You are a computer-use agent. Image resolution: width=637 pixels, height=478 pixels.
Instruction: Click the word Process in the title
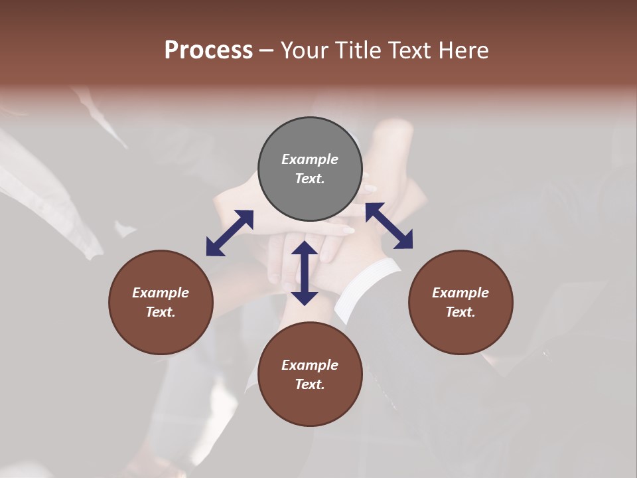click(x=208, y=50)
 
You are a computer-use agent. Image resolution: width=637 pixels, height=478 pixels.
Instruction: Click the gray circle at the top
click(x=310, y=169)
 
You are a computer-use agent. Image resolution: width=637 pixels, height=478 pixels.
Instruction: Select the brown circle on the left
click(x=161, y=302)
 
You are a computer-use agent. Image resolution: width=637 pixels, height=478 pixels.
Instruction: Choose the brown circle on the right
click(x=460, y=302)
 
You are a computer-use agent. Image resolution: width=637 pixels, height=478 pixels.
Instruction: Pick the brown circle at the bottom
click(x=310, y=374)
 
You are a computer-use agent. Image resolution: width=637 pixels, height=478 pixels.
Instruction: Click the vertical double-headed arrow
click(x=305, y=273)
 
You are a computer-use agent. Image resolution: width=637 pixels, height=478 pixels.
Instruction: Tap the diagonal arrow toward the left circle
click(x=230, y=233)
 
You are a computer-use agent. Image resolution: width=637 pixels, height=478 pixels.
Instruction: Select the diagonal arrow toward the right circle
click(x=389, y=226)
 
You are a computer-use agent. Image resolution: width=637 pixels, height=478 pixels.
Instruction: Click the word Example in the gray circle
click(x=310, y=159)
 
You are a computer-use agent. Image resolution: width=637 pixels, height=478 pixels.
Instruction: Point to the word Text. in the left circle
click(x=161, y=312)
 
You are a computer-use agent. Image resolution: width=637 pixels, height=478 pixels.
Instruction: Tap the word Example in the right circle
click(x=460, y=293)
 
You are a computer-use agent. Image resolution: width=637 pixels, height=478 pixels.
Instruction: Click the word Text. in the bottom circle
click(x=310, y=384)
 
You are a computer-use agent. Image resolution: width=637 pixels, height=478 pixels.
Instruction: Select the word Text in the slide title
click(x=411, y=50)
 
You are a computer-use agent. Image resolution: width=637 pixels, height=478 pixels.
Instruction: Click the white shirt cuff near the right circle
click(x=368, y=289)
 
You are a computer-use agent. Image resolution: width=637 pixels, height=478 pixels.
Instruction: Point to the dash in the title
click(x=266, y=50)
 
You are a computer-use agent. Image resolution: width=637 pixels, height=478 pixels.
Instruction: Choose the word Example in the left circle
click(x=161, y=293)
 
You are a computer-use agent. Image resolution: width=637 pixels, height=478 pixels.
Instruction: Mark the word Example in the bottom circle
click(x=310, y=365)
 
